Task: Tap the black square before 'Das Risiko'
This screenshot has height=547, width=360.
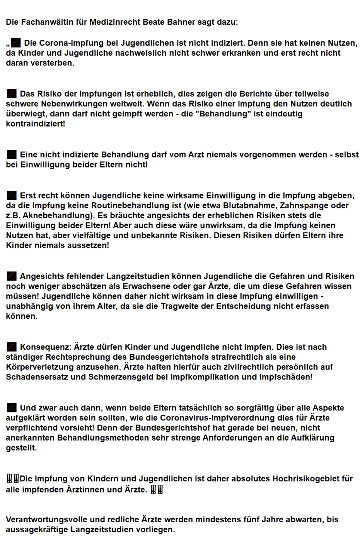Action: coord(12,94)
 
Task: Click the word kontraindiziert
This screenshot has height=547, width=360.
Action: coord(34,124)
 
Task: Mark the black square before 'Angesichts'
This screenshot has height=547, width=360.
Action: coord(12,276)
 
